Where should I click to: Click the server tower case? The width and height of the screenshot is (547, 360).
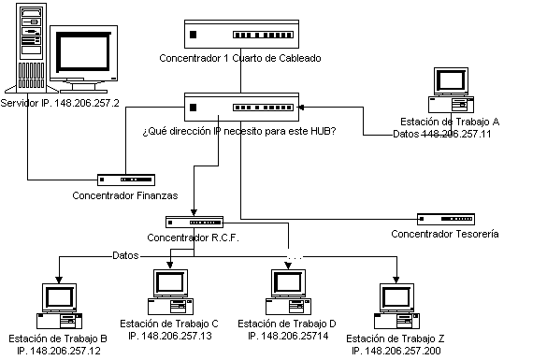(31, 48)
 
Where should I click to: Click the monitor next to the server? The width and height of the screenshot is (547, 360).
(84, 59)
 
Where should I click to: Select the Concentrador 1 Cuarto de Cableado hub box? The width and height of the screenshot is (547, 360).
(241, 34)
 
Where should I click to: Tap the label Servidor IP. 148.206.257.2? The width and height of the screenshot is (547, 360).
(60, 103)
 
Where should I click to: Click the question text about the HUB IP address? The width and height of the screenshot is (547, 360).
(239, 131)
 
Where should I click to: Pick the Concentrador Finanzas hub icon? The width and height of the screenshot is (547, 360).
(126, 180)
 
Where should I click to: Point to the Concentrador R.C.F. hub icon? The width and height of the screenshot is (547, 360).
(194, 223)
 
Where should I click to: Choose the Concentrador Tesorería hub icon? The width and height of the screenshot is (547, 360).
(446, 219)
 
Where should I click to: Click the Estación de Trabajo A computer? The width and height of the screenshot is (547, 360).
(451, 90)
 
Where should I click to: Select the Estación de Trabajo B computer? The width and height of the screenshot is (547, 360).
(59, 306)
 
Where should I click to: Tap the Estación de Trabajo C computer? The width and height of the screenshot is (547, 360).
(170, 292)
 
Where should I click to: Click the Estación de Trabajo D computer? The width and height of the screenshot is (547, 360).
(289, 292)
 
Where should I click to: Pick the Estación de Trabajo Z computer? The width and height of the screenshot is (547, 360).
(397, 306)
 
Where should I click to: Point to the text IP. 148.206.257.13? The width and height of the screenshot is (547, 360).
(170, 336)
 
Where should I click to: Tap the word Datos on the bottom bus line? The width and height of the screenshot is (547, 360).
(125, 255)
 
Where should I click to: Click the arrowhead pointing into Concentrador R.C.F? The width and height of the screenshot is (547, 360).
(194, 212)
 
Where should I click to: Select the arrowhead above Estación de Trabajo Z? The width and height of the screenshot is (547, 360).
(396, 280)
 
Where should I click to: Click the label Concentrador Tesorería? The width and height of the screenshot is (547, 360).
(445, 234)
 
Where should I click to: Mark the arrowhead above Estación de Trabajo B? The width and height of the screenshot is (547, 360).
(59, 280)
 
